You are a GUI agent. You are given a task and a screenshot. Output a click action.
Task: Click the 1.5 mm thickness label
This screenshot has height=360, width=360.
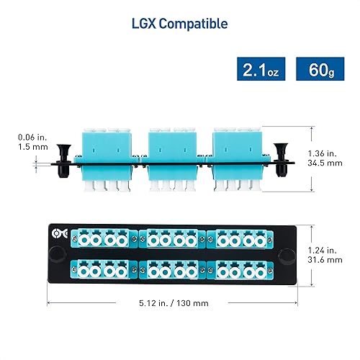pos(32,146)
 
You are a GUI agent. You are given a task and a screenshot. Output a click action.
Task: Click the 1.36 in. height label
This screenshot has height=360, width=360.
pos(325,153)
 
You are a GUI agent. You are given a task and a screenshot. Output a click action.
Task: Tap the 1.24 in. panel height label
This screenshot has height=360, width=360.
pos(326,249)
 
